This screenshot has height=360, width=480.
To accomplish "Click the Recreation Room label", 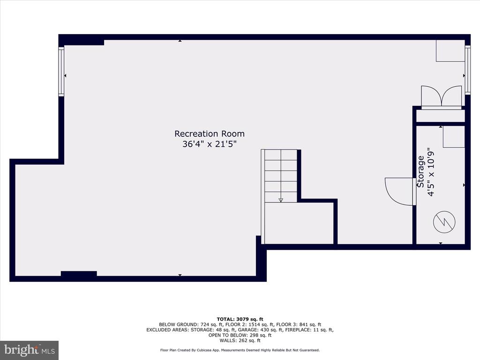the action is [x=210, y=134].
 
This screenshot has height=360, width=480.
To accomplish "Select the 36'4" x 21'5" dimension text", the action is [x=210, y=144].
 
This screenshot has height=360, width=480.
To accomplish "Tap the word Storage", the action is [x=420, y=172].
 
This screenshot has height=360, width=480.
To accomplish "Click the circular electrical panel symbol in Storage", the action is [x=444, y=222].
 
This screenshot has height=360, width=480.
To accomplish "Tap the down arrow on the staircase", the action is [x=281, y=200].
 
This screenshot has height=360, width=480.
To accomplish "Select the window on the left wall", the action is [x=61, y=71].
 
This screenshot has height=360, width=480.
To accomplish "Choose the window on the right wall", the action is [x=467, y=69].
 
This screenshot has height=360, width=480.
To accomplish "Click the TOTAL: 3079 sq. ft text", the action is [x=240, y=319].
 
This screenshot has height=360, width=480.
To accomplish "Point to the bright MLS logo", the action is [x=30, y=350].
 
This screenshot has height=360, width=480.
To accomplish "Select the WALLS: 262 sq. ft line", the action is [x=240, y=340].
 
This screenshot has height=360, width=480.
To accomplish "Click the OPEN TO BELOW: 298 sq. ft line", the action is [x=240, y=335].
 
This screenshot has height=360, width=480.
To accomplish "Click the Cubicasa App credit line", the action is [x=240, y=350].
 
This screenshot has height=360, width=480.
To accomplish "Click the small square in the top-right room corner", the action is [x=450, y=51].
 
